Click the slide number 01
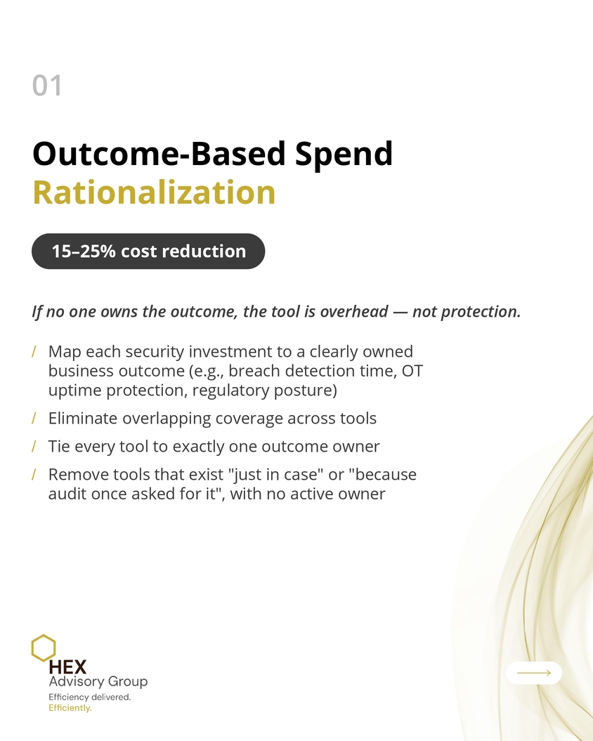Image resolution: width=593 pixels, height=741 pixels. coord(47,86)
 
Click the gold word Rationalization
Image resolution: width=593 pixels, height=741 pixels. coord(154,192)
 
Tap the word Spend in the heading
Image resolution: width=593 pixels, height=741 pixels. coord(344,155)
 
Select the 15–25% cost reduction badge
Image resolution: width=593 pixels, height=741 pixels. coord(148,251)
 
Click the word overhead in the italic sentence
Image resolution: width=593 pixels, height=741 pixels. coord(354,311)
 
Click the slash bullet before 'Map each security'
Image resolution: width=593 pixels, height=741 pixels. coord(34,352)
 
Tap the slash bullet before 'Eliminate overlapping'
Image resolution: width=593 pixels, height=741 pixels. coord(34,418)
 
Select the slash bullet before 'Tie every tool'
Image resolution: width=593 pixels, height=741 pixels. coord(34,446)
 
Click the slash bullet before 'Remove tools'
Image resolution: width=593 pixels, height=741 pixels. coord(34,474)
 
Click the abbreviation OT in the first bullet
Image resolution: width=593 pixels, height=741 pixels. coord(412,371)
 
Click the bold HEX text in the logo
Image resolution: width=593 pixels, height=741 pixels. coord(67,667)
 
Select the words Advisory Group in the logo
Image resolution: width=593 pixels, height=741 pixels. coord(98,682)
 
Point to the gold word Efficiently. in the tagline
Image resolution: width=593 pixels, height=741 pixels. coord(70,708)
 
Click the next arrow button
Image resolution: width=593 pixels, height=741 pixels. coord(534,673)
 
